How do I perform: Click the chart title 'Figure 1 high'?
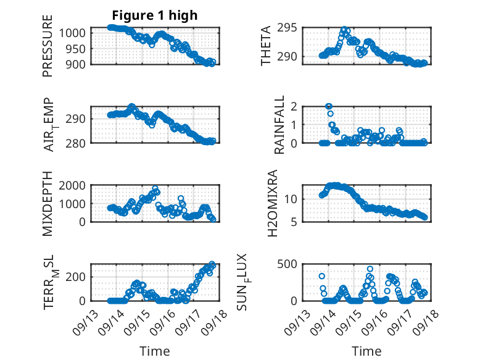click(x=154, y=15)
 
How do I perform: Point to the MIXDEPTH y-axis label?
click(x=48, y=203)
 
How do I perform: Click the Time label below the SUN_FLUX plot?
click(x=366, y=351)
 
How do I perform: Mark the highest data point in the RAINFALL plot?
click(x=329, y=106)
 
